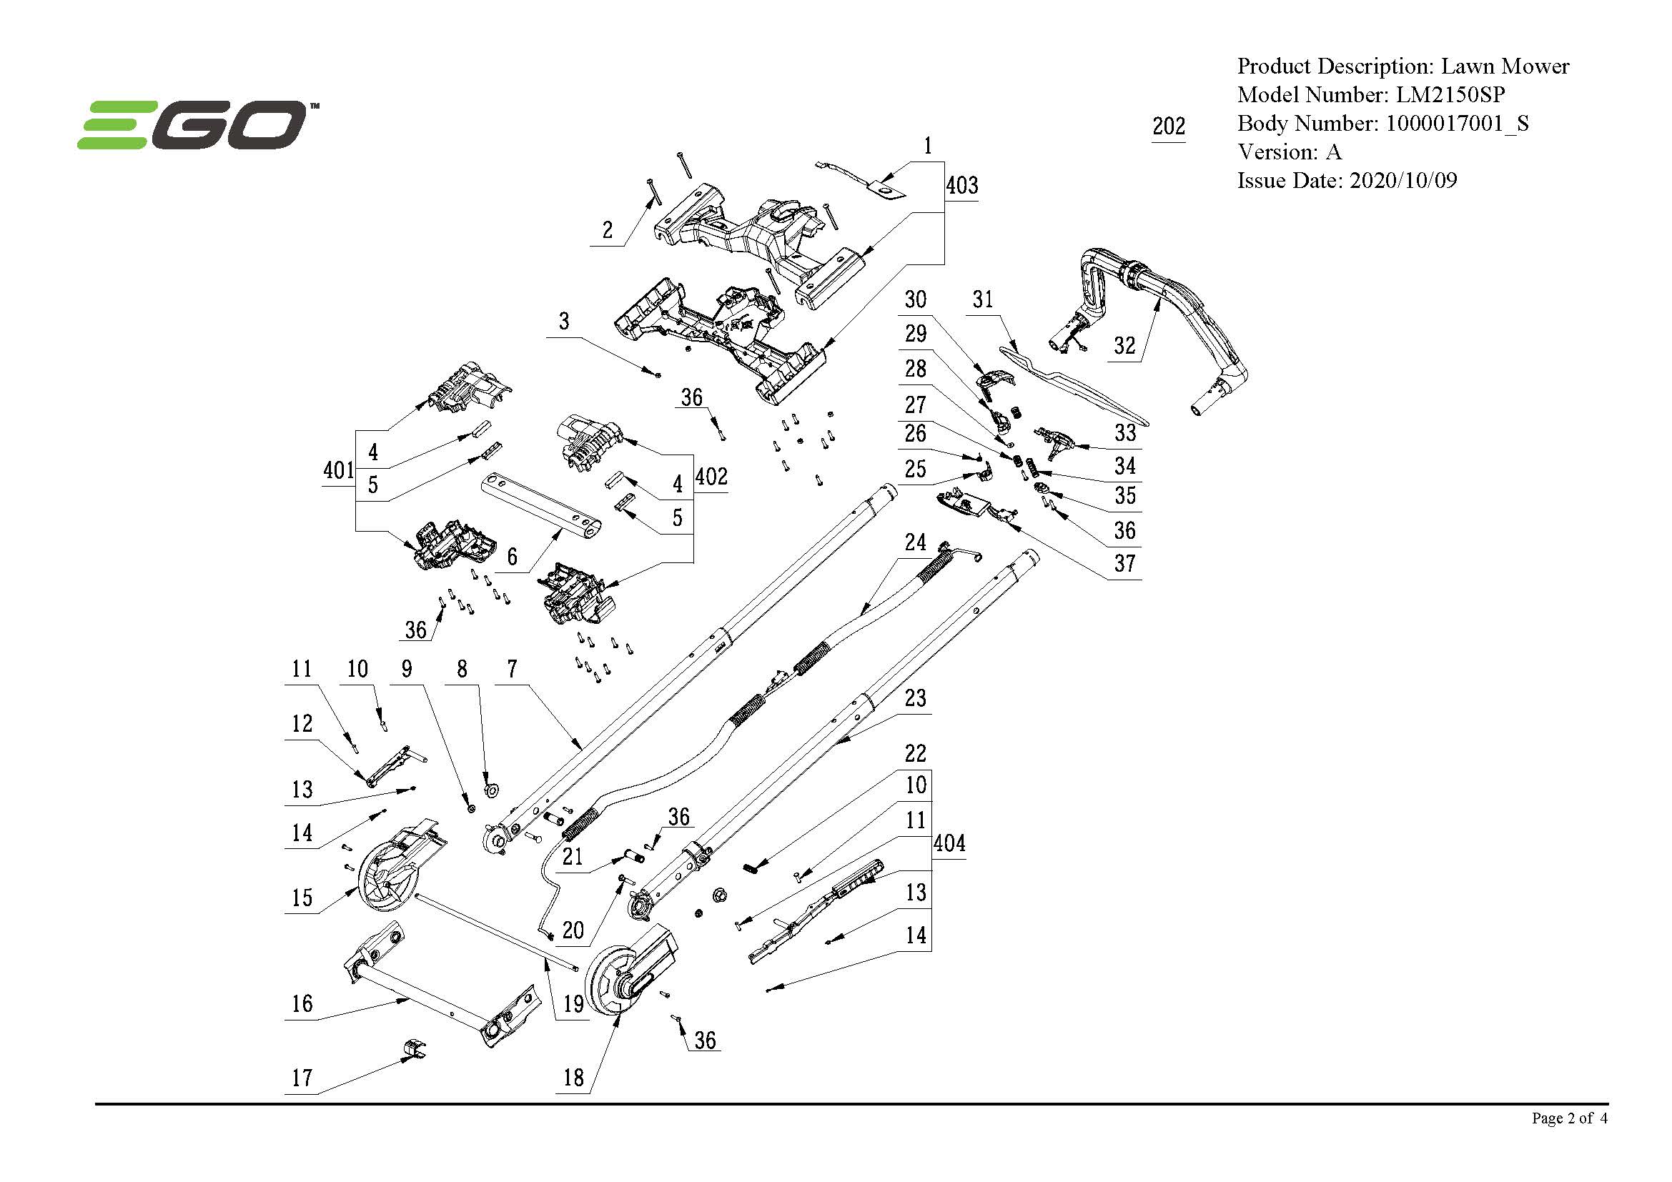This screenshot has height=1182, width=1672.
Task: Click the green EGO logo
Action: pyautogui.click(x=193, y=125)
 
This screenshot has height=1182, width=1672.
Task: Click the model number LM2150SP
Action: pyautogui.click(x=1449, y=94)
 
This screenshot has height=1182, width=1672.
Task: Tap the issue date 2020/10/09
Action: pyautogui.click(x=1403, y=181)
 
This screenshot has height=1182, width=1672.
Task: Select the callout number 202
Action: pyautogui.click(x=1168, y=126)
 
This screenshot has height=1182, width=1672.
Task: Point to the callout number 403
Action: pyautogui.click(x=961, y=186)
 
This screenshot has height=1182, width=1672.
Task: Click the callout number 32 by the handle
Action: pyautogui.click(x=1124, y=346)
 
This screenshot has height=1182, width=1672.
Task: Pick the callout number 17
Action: pyautogui.click(x=302, y=1078)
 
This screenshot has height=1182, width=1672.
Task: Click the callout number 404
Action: pyautogui.click(x=949, y=843)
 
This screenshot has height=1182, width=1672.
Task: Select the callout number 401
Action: pyautogui.click(x=339, y=470)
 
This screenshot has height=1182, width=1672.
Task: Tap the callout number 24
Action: pyautogui.click(x=916, y=542)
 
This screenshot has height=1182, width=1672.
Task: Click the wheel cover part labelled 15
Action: pyautogui.click(x=397, y=870)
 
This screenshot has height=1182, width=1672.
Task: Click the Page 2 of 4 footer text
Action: pyautogui.click(x=1568, y=1118)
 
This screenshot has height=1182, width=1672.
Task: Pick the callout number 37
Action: pyautogui.click(x=1124, y=563)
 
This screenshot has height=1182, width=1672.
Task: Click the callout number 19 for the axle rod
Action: pyautogui.click(x=573, y=1004)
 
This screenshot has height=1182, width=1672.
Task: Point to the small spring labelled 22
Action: pyautogui.click(x=751, y=867)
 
